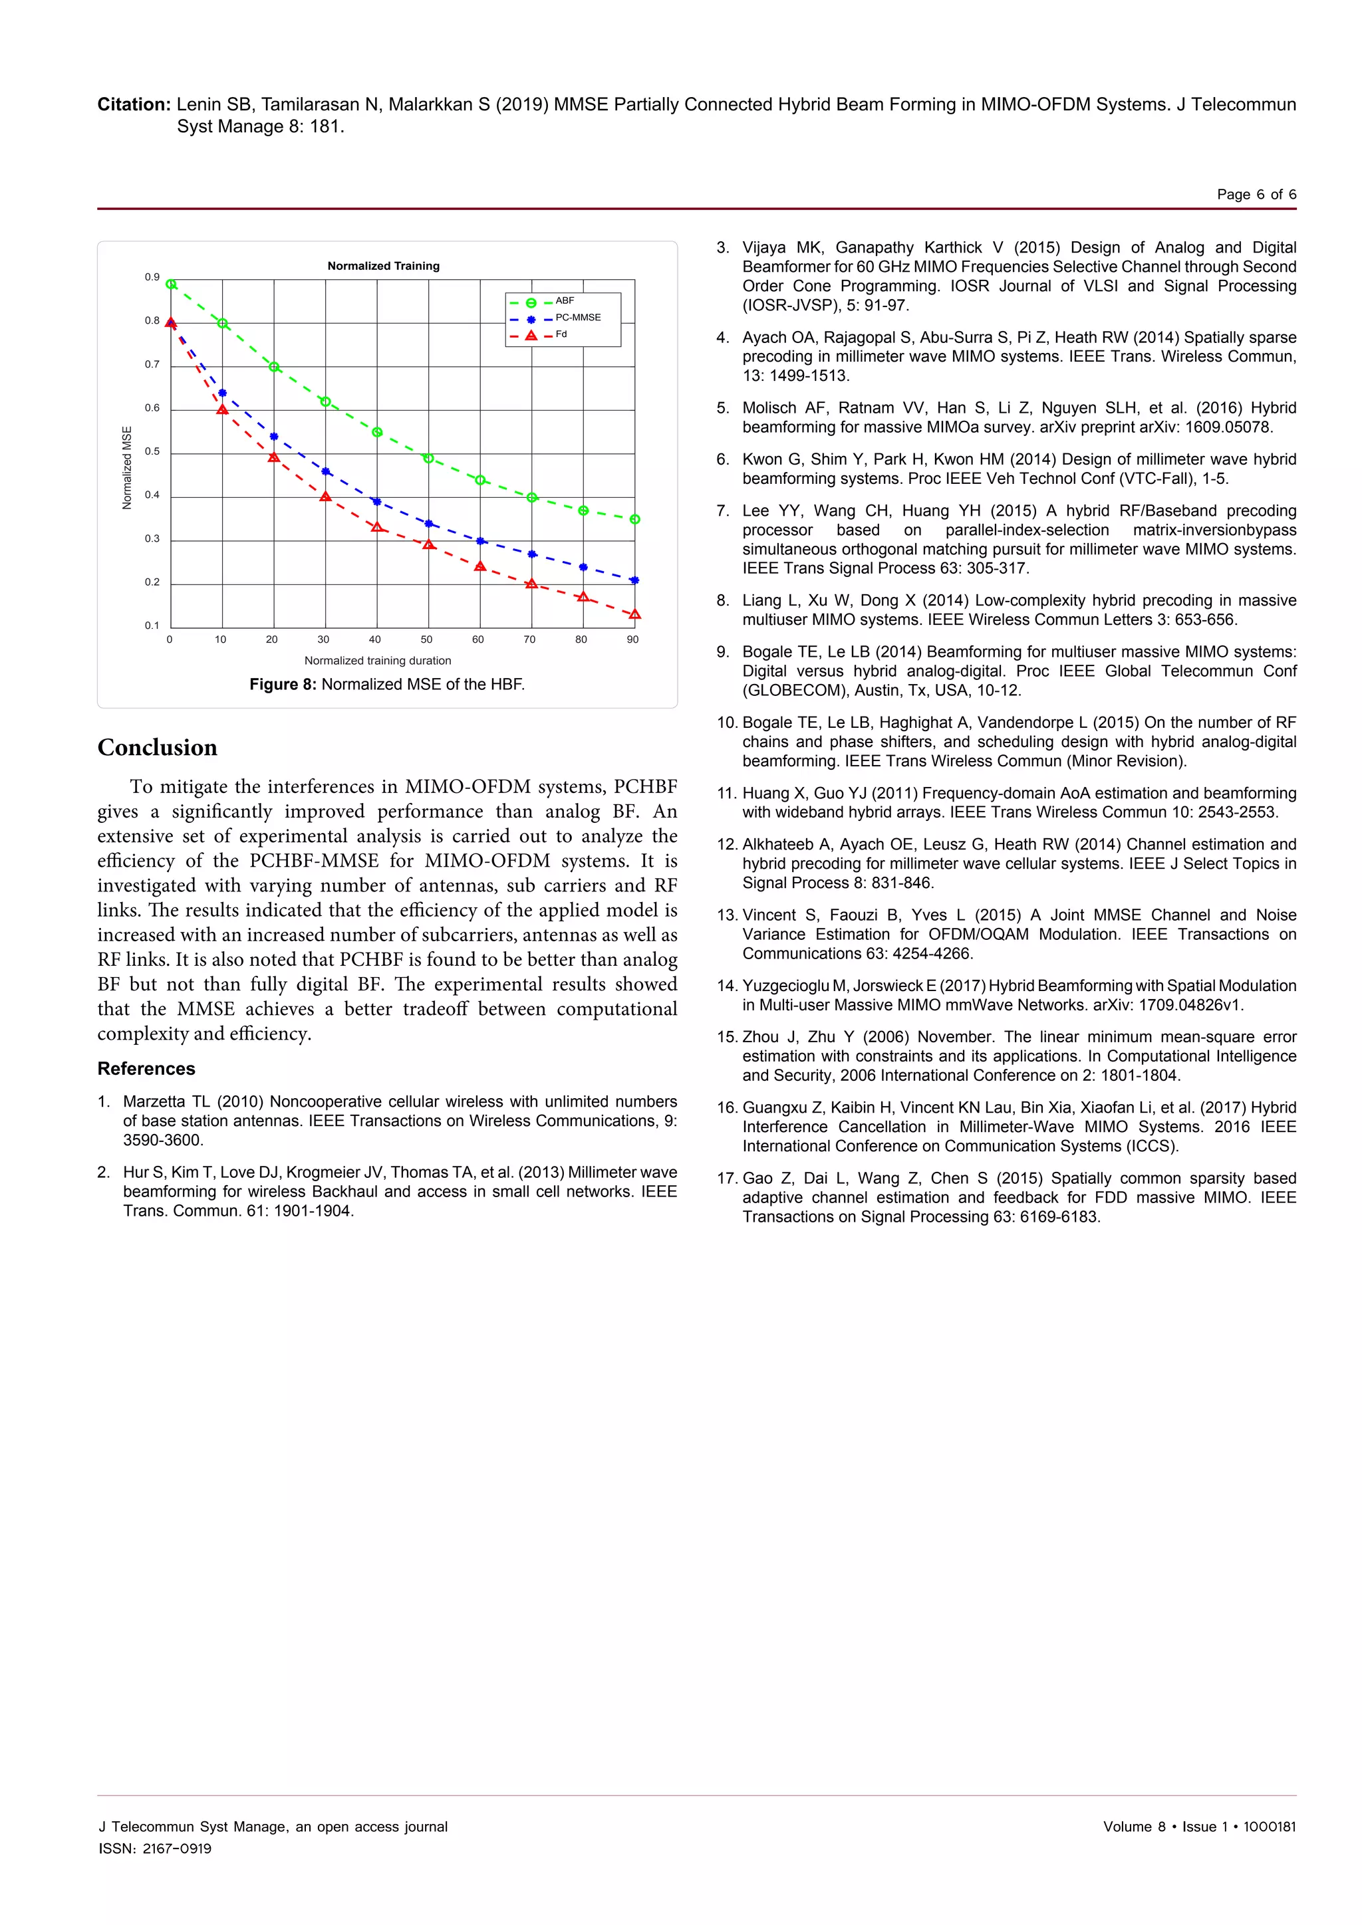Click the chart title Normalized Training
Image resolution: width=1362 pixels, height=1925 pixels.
(383, 266)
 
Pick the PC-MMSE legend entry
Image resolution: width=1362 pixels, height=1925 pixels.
(577, 318)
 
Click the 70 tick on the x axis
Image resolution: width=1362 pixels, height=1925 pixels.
(529, 639)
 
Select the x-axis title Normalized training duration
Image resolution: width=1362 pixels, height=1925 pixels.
(377, 661)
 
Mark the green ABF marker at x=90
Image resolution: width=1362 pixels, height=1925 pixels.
(635, 520)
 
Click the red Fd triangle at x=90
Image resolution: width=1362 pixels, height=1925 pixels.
(635, 615)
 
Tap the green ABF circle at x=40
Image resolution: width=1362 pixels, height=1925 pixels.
(377, 433)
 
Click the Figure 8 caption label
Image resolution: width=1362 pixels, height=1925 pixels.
(283, 684)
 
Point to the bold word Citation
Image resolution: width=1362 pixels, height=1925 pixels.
(134, 105)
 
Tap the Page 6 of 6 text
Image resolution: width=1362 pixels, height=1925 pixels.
(1256, 195)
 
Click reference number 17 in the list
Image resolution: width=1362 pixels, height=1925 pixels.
(726, 1178)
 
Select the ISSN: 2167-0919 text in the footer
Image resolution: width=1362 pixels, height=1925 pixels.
(155, 1849)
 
